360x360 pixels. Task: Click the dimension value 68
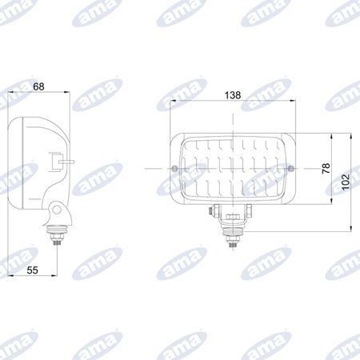pos(38,86)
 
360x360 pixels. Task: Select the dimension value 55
pos(32,270)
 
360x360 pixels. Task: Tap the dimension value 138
pos(233,95)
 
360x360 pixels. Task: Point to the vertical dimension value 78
pos(326,168)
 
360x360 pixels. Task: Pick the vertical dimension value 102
pos(346,182)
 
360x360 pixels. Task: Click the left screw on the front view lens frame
pos(174,168)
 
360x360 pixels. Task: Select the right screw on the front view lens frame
pos(291,168)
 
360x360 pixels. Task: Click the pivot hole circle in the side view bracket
pos(57,210)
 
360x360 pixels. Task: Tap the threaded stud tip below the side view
pos(57,242)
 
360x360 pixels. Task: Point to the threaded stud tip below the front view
pos(233,245)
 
